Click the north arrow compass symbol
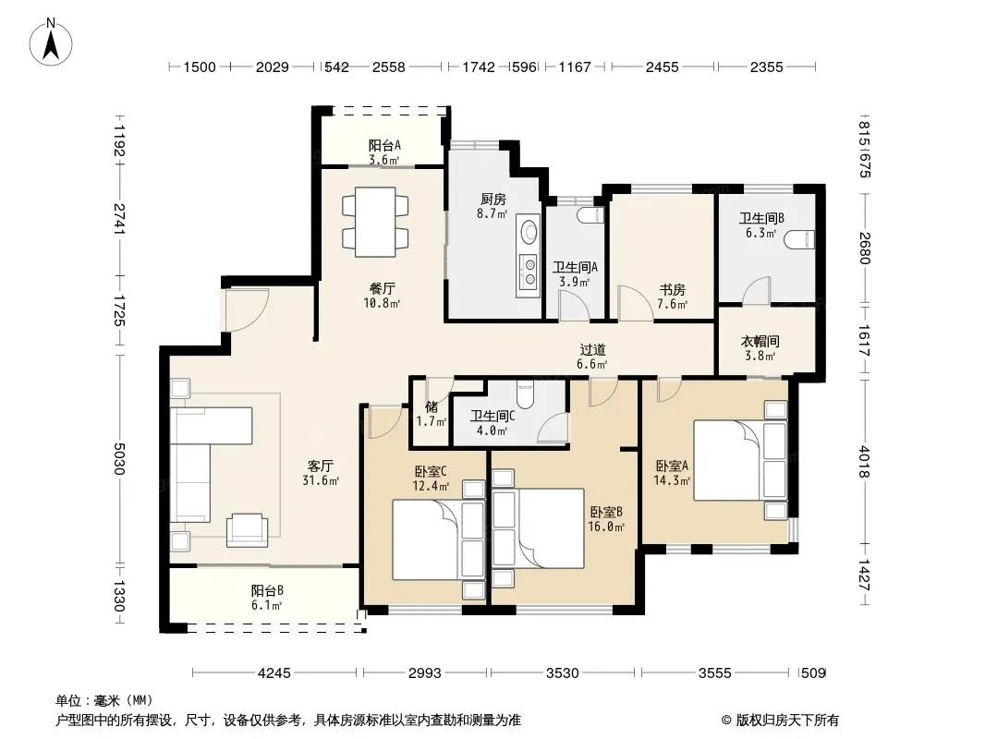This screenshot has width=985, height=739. coord(51,42)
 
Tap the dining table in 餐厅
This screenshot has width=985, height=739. coord(375,222)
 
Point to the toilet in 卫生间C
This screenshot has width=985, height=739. coord(525,394)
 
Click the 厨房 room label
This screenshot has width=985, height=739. coord(492,199)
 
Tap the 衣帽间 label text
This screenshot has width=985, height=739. coord(760,341)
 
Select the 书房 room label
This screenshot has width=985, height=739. coord(672,289)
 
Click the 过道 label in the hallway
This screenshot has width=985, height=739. coord(592,350)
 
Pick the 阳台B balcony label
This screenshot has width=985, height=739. coord(267,590)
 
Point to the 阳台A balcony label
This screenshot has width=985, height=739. coord(384,146)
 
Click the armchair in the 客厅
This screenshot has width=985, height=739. coord(247,530)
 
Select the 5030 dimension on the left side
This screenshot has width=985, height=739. coord(118,458)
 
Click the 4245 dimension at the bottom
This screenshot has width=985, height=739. coord(274,673)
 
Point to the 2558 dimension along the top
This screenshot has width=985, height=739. coord(389,67)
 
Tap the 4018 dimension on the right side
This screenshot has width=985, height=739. coord(864,462)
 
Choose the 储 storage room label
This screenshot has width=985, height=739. coord(432,406)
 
